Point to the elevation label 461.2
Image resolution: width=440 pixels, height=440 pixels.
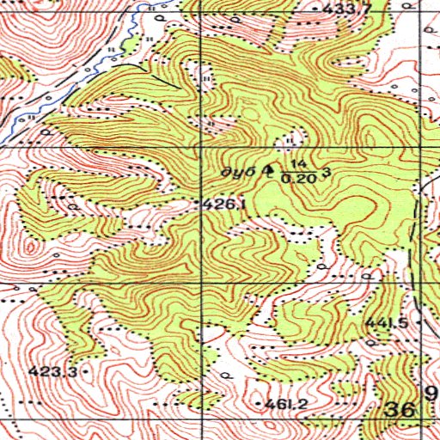tap(287, 403)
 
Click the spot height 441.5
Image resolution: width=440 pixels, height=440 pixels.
tap(385, 323)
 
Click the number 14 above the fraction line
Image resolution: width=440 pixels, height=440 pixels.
tap(298, 163)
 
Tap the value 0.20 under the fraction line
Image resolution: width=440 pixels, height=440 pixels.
tap(297, 178)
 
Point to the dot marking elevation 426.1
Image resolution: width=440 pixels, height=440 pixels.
tap(199, 204)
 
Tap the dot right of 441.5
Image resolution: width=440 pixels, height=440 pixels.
tap(409, 321)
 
